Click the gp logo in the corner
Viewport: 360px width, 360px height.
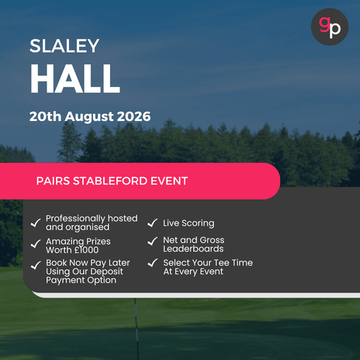coord(330,27)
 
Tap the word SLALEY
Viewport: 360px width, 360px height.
coord(64,46)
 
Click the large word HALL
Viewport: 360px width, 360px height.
coord(74,80)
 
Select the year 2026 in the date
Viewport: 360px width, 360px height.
coord(129,116)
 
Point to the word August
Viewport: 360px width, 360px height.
coord(82,116)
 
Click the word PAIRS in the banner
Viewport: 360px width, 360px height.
coord(53,181)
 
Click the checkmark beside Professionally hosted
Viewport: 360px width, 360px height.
coord(36,223)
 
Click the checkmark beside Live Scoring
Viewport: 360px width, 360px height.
coord(153,223)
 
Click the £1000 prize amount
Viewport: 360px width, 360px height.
coord(84,250)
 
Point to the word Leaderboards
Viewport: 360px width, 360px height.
coord(192,249)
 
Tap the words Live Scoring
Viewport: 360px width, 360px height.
coord(188,223)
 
